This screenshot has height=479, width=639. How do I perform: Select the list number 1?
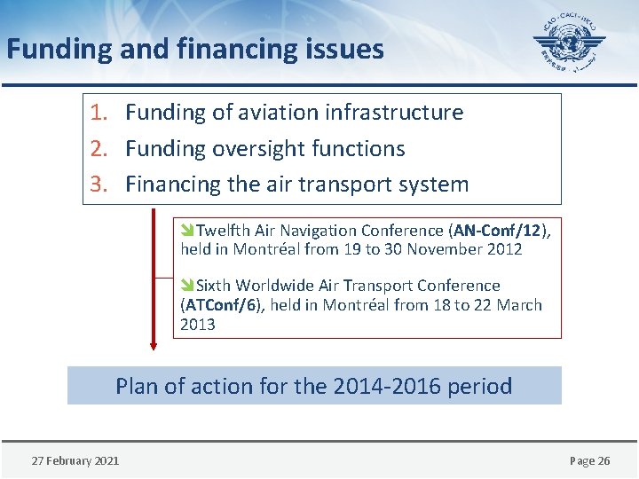point(99,113)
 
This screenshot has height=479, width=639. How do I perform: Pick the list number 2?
point(99,149)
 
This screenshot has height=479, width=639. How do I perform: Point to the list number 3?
point(99,185)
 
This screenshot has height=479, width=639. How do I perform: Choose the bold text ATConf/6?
point(224,305)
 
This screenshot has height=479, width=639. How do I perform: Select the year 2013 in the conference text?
point(198,325)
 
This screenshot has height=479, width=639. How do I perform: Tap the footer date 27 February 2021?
point(75,460)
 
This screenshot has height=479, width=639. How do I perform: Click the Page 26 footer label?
point(589,460)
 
